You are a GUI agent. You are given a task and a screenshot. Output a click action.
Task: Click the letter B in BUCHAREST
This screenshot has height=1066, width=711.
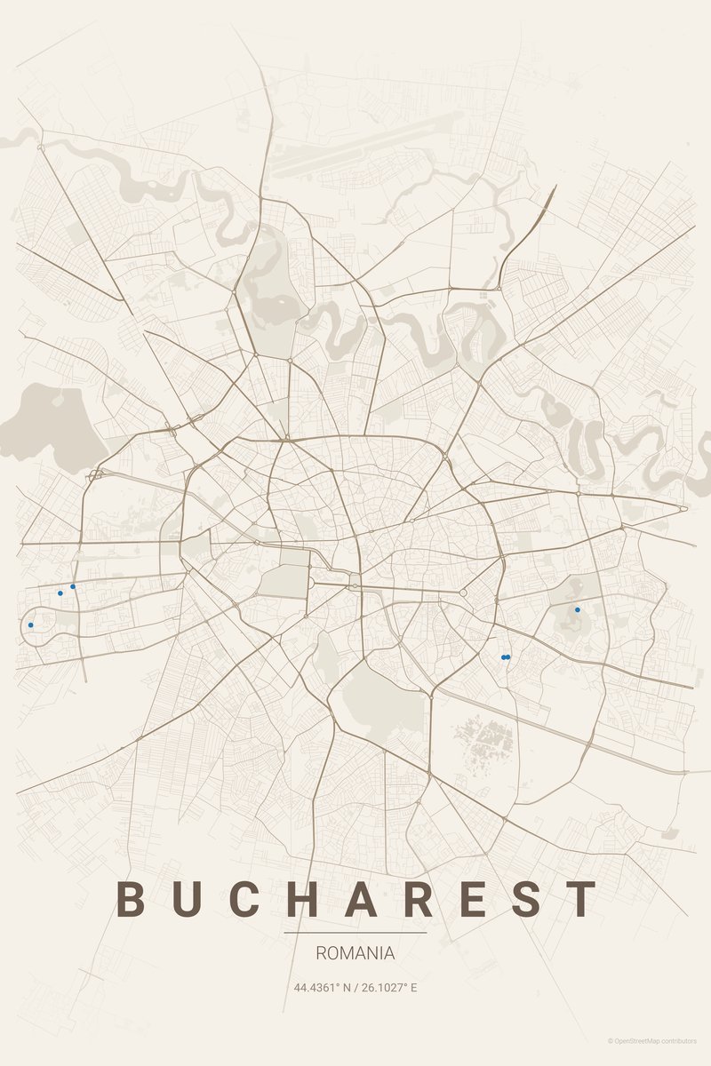pyautogui.click(x=131, y=899)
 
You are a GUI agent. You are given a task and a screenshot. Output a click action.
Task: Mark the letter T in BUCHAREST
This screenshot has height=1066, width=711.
pyautogui.click(x=583, y=899)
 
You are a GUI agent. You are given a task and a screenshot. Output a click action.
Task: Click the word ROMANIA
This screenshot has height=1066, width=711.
pyautogui.click(x=355, y=953)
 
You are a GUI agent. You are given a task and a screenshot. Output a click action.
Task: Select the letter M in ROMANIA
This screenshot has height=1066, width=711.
pyautogui.click(x=348, y=953)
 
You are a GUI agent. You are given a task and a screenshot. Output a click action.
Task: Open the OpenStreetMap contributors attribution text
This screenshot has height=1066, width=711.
pyautogui.click(x=652, y=1040)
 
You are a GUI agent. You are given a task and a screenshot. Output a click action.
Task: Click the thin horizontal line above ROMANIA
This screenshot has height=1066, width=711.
pyautogui.click(x=355, y=933)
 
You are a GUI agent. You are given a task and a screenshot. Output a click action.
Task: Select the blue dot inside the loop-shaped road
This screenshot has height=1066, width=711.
pyautogui.click(x=30, y=624)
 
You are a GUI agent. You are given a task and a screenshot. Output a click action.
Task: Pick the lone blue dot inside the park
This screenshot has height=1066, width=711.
pyautogui.click(x=577, y=609)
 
